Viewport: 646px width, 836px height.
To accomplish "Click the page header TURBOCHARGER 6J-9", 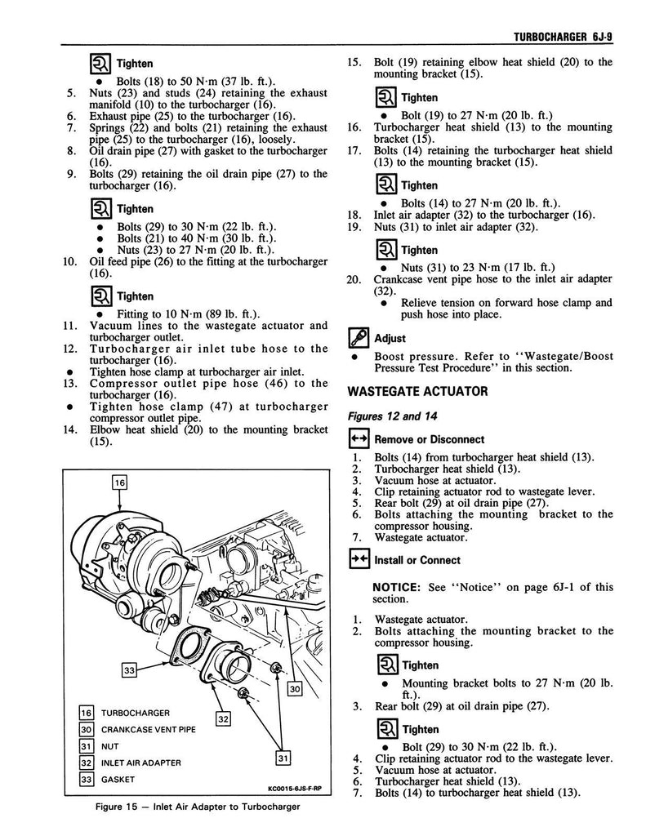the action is click(x=563, y=37).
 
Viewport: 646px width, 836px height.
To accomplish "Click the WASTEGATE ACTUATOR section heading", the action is click(x=417, y=391).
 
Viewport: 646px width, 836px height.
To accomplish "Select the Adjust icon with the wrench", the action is click(x=359, y=337).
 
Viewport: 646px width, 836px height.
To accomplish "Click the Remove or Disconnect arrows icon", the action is click(x=359, y=438).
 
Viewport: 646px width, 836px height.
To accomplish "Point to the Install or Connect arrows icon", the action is click(x=359, y=559).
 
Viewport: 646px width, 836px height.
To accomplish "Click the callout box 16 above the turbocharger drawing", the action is click(x=119, y=482).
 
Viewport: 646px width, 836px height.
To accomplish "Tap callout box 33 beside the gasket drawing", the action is click(x=129, y=669).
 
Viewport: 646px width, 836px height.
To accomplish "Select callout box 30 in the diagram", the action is click(x=295, y=689).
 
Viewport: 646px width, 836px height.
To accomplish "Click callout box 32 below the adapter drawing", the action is click(x=223, y=719).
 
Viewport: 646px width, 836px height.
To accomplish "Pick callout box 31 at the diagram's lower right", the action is click(x=283, y=758).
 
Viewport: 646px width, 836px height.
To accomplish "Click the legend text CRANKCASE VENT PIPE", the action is click(x=149, y=729).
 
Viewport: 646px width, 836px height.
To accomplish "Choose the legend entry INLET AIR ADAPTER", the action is click(x=140, y=763).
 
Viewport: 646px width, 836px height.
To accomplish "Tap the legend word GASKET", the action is click(x=118, y=780).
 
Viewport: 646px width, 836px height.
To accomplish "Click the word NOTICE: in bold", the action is click(x=397, y=587).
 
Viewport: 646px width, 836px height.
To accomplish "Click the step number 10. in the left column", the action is click(x=70, y=262).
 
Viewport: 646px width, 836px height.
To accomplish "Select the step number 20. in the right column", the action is click(x=354, y=279).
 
